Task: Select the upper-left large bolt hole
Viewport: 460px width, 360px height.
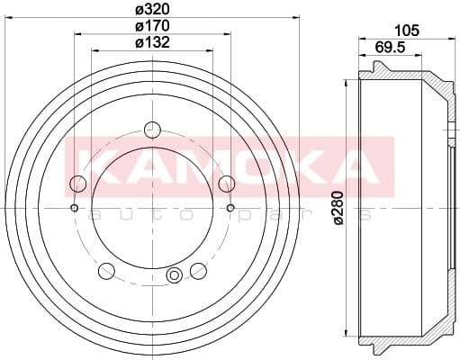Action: point(78,184)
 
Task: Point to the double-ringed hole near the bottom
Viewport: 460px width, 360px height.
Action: point(175,275)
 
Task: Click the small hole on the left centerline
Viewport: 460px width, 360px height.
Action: point(74,209)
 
